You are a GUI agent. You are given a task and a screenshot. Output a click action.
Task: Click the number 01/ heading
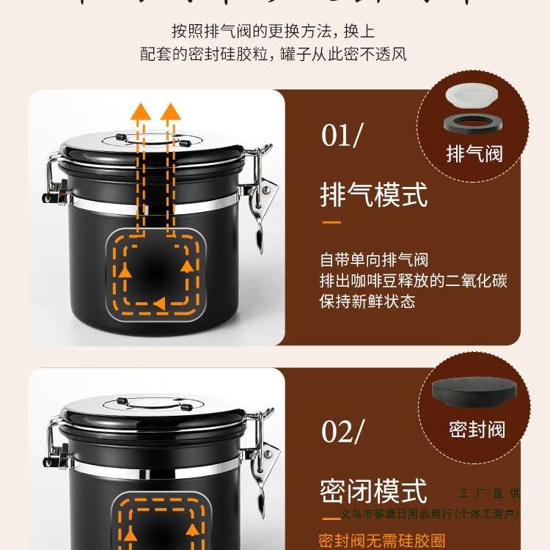[341, 136]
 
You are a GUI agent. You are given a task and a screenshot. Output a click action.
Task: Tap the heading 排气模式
[373, 195]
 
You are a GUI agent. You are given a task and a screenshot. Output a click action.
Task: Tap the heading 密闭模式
[373, 490]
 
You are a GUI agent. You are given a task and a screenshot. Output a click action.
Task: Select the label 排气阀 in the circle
[474, 154]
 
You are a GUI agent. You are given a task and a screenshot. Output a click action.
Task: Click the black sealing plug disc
[474, 391]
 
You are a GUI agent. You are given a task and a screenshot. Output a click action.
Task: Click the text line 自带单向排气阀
[373, 260]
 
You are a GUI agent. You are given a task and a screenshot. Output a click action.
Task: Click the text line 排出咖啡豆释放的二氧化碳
[414, 281]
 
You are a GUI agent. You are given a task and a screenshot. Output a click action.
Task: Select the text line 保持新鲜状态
[367, 301]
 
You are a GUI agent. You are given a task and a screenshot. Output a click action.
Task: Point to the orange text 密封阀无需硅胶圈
[381, 541]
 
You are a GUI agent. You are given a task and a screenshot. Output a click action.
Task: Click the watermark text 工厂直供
[488, 495]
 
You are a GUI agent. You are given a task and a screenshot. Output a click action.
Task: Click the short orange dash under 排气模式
[331, 221]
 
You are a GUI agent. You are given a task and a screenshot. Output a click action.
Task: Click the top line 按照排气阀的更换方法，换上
[274, 31]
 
